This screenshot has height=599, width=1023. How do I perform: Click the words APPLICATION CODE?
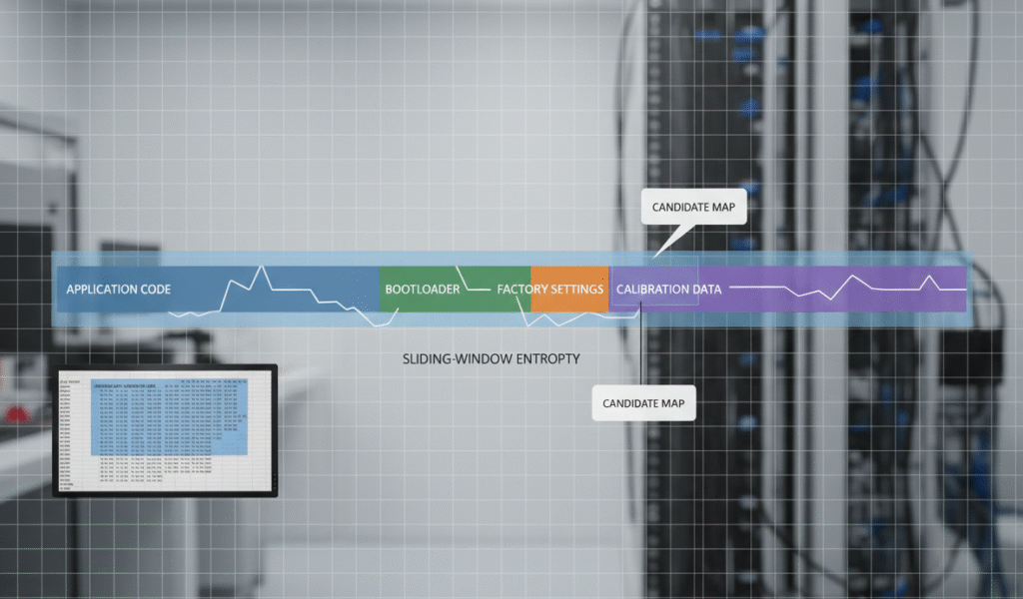[x=118, y=290]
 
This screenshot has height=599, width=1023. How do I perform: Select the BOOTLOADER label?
[x=422, y=290]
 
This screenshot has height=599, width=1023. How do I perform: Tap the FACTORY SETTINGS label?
[x=550, y=290]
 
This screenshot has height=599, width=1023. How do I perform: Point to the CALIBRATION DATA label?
[x=668, y=290]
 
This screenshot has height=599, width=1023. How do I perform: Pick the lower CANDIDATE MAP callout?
[x=644, y=403]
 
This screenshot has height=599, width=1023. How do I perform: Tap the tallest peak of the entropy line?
[x=263, y=267]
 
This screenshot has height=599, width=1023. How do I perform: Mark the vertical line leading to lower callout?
[x=639, y=349]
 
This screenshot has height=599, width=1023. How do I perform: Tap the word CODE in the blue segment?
[x=153, y=290]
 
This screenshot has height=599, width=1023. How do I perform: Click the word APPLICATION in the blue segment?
[x=99, y=290]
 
